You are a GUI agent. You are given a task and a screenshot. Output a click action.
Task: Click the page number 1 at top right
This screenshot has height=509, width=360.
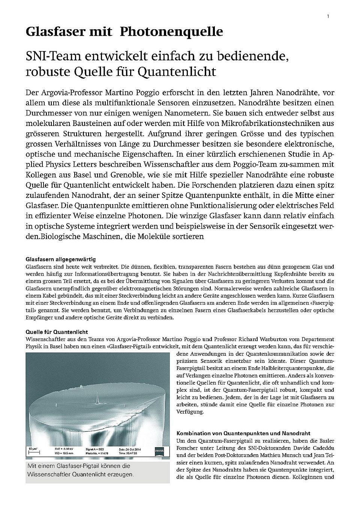tap(328, 16)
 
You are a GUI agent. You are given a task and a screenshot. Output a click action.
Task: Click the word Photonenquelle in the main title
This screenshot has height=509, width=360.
tap(171, 32)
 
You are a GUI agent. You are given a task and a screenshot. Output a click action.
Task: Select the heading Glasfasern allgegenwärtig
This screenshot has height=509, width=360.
tap(60, 259)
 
